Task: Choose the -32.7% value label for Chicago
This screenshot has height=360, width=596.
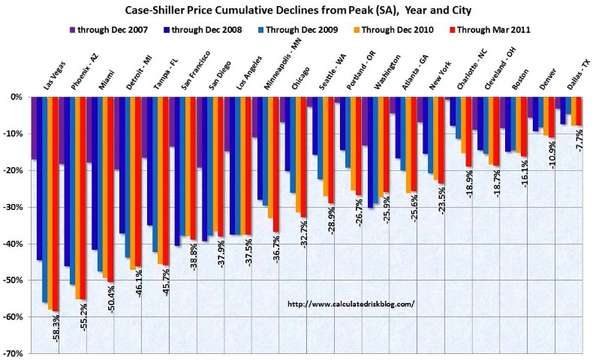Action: [x=304, y=233]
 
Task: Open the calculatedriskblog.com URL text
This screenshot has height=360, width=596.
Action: [x=351, y=304]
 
